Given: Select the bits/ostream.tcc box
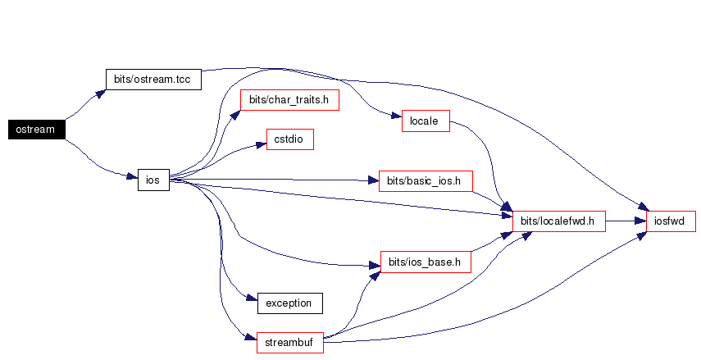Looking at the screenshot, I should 153,79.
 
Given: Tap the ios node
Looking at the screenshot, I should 152,180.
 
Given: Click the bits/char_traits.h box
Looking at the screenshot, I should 289,100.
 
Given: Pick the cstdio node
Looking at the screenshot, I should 289,139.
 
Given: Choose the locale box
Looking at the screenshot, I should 426,122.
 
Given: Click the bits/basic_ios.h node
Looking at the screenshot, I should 426,180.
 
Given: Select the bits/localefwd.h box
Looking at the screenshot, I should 558,221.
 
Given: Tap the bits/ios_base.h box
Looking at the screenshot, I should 426,262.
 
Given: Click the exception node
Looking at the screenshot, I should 289,303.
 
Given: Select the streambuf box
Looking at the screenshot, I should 289,343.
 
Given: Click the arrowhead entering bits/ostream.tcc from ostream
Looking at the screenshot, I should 100,93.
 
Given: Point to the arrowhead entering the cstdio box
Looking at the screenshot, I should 262,144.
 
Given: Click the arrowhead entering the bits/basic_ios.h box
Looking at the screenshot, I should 372,180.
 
